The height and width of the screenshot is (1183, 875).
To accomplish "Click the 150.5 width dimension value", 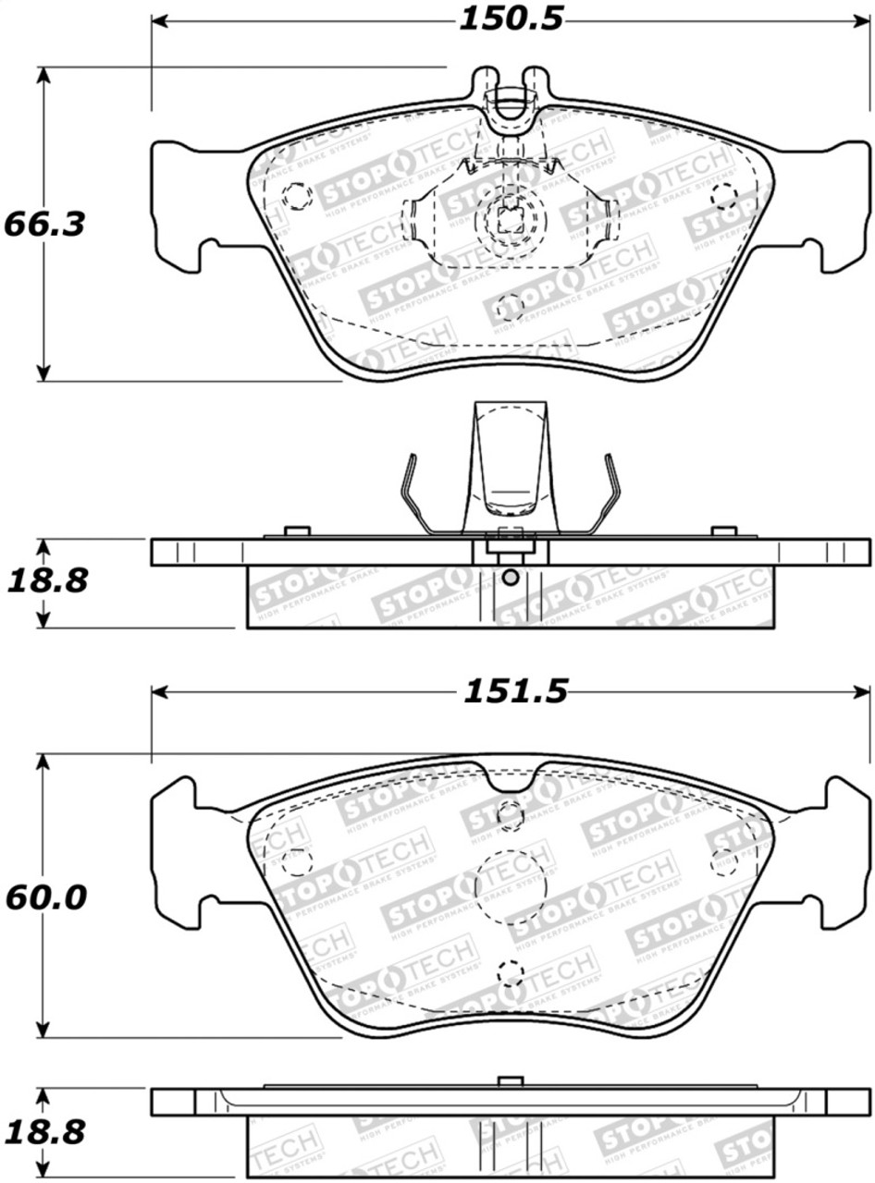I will click(511, 19).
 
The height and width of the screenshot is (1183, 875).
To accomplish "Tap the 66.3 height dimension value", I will click(43, 224).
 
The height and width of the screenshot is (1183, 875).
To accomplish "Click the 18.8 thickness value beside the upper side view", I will click(47, 581).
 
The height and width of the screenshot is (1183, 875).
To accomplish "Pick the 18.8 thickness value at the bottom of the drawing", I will click(47, 1131).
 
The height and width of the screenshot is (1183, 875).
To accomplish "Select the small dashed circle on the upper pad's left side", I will click(296, 196).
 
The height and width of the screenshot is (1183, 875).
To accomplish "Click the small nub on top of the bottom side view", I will click(510, 1081).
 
